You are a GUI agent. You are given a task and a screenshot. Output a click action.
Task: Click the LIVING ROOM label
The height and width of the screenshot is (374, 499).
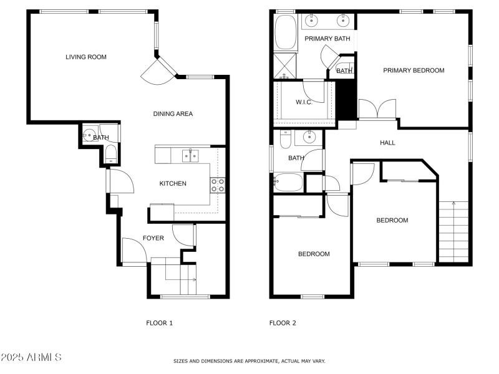tap(86, 57)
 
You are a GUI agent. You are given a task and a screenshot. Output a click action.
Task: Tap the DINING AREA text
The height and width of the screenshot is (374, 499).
tap(173, 114)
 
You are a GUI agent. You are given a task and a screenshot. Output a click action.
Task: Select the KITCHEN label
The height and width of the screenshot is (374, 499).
tap(173, 183)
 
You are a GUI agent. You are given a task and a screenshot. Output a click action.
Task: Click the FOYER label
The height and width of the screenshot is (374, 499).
tap(153, 238)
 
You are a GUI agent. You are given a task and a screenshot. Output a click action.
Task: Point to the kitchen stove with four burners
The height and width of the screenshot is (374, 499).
tap(218, 185)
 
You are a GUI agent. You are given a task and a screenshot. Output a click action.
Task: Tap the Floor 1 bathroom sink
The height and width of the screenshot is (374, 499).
tap(90, 135)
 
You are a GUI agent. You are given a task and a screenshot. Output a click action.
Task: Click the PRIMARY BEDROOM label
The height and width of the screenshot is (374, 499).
tap(414, 70)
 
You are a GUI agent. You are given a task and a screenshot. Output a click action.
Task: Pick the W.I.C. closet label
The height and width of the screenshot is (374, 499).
tap(304, 102)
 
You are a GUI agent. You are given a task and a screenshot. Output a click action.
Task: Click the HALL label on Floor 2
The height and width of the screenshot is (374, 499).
tap(387, 143)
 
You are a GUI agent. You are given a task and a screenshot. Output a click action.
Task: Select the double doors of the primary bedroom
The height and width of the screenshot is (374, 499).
tap(377, 110)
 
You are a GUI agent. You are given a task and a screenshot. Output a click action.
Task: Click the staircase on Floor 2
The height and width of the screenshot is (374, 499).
tap(453, 231)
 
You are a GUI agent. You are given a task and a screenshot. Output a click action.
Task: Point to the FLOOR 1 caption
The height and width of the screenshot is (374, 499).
tap(159, 323)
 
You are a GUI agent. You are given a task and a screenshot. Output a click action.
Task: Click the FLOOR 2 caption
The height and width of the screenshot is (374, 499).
tap(283, 323)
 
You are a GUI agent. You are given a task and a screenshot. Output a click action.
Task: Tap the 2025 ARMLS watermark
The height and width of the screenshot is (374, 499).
tap(31, 357)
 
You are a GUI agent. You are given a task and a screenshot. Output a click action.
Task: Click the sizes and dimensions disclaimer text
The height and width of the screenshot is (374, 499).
tap(249, 361)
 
